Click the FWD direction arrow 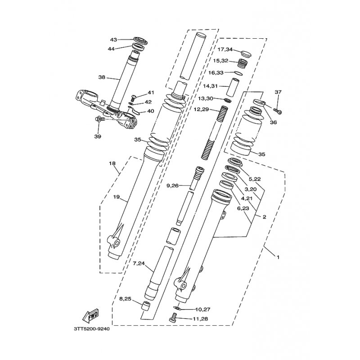tap(90, 315)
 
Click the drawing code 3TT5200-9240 tap(92, 329)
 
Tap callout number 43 tap(114, 40)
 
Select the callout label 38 tap(102, 77)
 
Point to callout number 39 tap(98, 136)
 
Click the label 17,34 tap(225, 49)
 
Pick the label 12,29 tap(201, 109)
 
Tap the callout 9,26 tap(173, 185)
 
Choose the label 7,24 tap(139, 263)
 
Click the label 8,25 tap(126, 299)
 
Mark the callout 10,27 tap(203, 309)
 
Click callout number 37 tap(278, 92)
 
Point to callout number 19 tap(117, 197)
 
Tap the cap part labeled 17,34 tap(246, 54)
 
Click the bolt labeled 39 tap(99, 119)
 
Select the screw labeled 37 tap(278, 111)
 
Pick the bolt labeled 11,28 tap(173, 318)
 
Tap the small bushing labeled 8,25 tap(145, 306)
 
